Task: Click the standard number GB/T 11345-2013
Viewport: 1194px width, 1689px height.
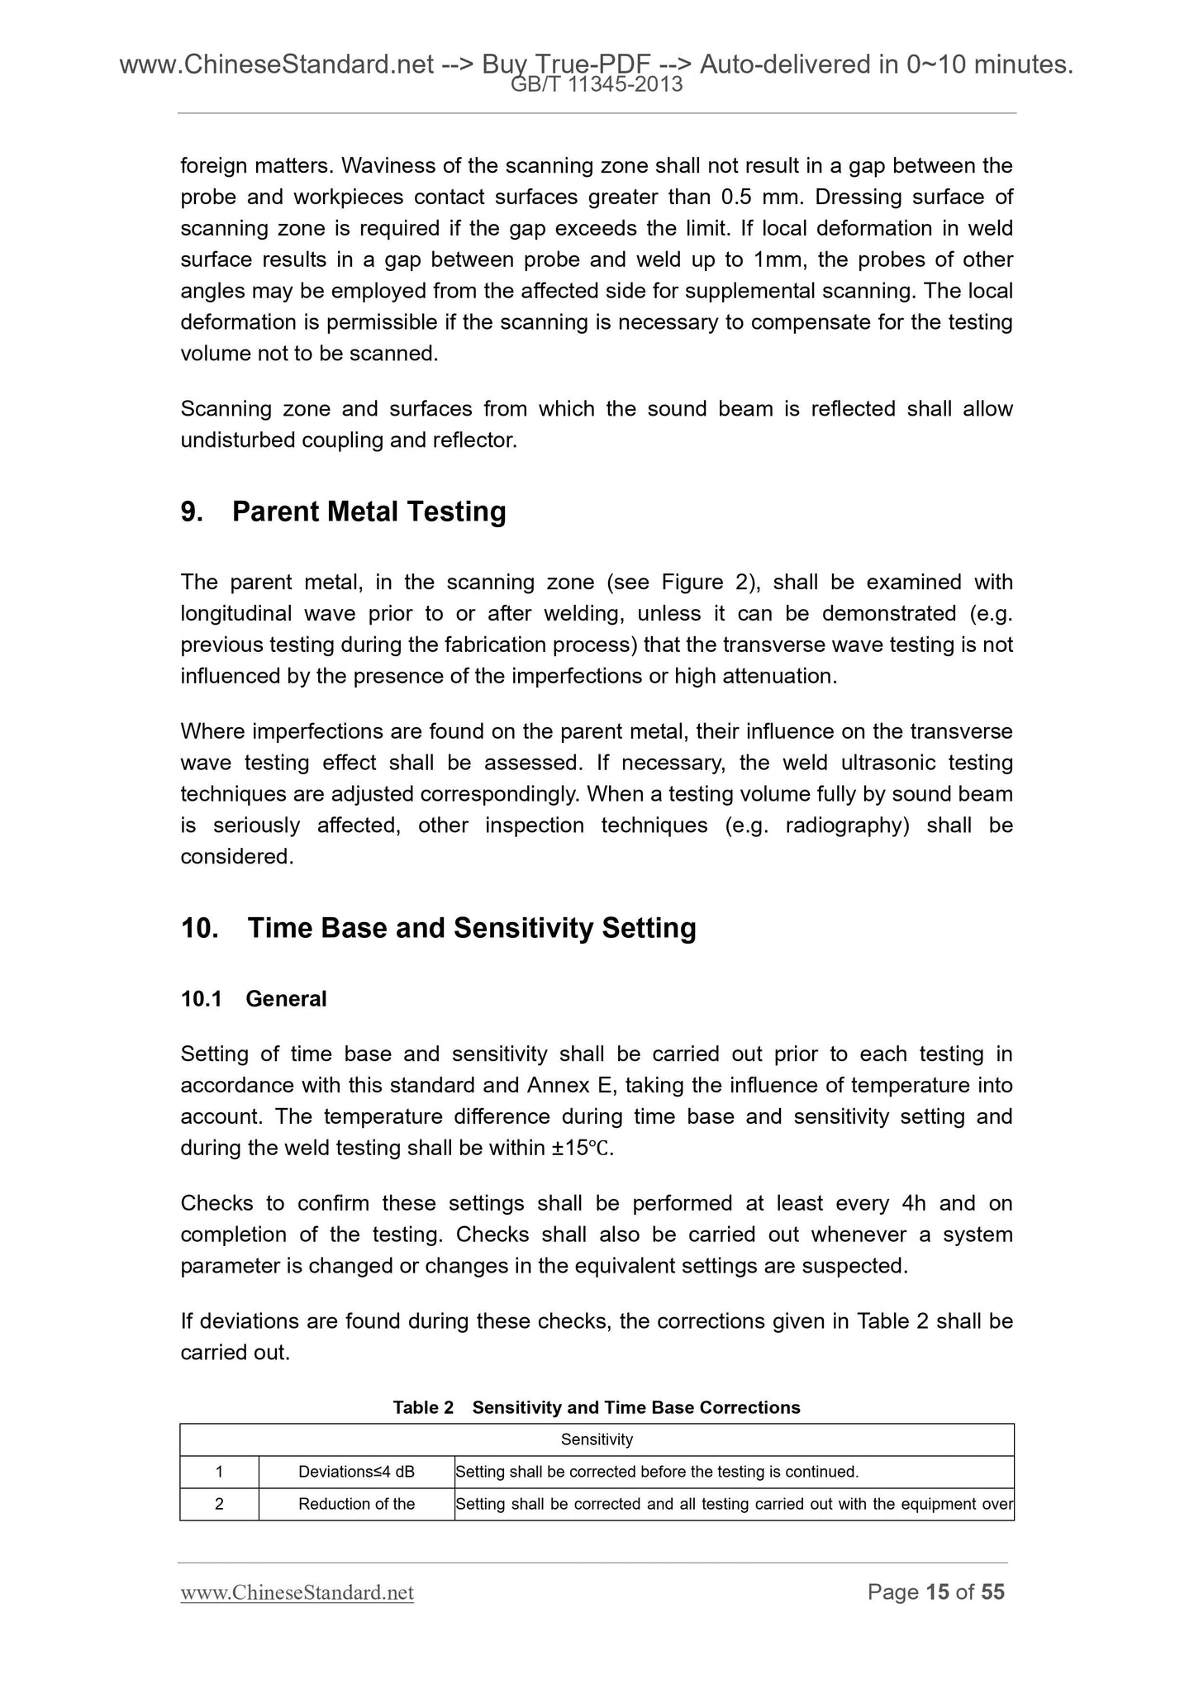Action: pyautogui.click(x=597, y=84)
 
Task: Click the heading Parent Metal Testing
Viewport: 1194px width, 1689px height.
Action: pyautogui.click(x=369, y=512)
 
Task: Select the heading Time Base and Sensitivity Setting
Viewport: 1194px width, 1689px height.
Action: pyautogui.click(x=471, y=928)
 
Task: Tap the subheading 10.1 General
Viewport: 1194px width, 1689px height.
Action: pyautogui.click(x=254, y=999)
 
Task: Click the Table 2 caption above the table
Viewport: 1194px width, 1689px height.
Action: pyautogui.click(x=597, y=1407)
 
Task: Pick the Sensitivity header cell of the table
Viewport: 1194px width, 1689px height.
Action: pyautogui.click(x=597, y=1439)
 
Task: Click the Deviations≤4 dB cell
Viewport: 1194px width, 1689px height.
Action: pyautogui.click(x=356, y=1472)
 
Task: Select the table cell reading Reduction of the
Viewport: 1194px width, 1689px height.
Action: pyautogui.click(x=356, y=1504)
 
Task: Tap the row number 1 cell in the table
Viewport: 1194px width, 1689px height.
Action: pyautogui.click(x=219, y=1472)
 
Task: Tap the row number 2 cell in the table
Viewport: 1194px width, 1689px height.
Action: pyautogui.click(x=219, y=1504)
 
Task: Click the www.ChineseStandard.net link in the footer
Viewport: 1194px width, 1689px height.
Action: pyautogui.click(x=297, y=1592)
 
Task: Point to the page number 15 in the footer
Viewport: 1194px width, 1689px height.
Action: pyautogui.click(x=937, y=1591)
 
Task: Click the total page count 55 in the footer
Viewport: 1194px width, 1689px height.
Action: pyautogui.click(x=992, y=1591)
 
